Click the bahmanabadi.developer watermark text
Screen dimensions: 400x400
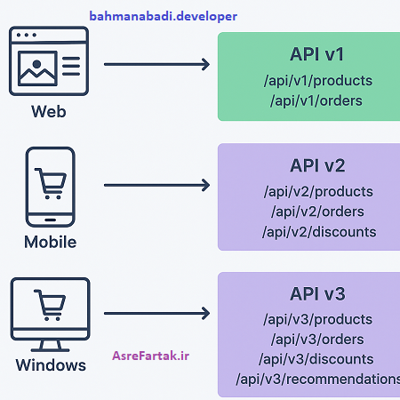point(163,16)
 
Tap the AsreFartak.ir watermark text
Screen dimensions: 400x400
point(151,356)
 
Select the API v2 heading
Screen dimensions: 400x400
point(317,165)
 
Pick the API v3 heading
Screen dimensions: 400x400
point(317,294)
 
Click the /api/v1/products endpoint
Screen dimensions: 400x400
point(317,80)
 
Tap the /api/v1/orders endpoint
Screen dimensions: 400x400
point(317,100)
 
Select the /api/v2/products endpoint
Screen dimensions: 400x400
point(317,191)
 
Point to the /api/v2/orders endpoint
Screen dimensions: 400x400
point(317,212)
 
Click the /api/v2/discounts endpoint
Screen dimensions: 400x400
point(318,232)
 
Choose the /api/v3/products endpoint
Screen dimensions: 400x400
point(317,319)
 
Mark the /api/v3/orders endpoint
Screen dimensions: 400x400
point(317,340)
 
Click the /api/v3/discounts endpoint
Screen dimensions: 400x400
point(318,359)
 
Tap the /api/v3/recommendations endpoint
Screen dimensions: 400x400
point(318,380)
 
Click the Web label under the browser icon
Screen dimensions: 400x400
point(48,112)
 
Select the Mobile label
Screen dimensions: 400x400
point(50,242)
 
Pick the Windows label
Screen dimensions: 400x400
point(51,365)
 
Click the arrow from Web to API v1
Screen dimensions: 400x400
point(156,64)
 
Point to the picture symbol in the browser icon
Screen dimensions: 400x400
point(37,68)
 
